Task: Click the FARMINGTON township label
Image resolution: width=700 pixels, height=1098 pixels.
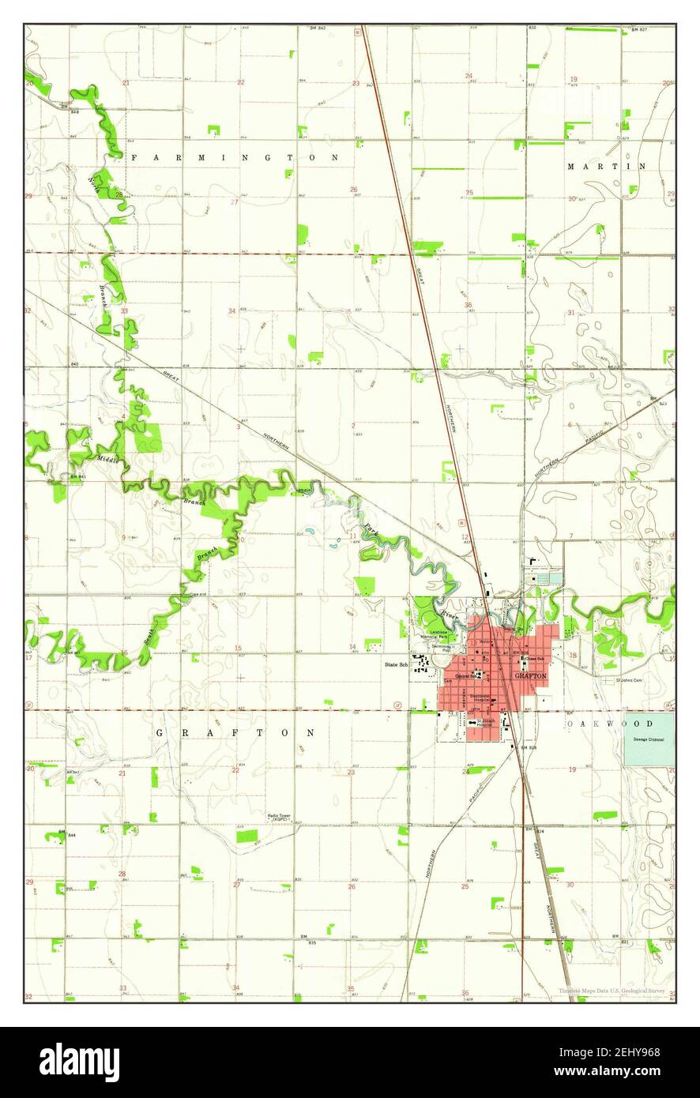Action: coord(235,157)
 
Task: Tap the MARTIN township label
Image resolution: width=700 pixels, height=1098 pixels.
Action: coord(607,167)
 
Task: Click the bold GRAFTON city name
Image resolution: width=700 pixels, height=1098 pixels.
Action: coord(530,676)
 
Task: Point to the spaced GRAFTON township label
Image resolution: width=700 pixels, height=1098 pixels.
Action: coord(235,733)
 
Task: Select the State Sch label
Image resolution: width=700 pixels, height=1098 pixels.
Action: coord(395,665)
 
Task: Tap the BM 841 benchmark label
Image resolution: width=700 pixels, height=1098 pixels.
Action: coord(77,479)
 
